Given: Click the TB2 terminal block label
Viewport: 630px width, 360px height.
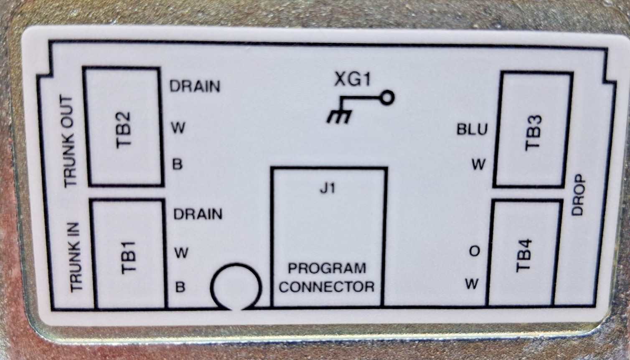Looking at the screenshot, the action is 124,130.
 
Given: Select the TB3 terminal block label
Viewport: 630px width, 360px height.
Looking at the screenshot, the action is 533,133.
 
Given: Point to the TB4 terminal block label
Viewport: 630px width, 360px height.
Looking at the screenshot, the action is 524,255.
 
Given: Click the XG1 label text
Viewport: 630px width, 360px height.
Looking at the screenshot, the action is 353,79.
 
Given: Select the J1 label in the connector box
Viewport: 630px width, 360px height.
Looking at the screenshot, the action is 328,188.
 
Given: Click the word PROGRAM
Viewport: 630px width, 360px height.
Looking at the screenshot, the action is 327,268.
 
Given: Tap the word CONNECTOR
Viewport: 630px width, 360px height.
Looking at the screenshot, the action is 327,287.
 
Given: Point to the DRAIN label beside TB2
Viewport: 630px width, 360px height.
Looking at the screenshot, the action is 195,86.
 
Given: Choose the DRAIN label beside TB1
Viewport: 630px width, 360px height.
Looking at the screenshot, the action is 198,214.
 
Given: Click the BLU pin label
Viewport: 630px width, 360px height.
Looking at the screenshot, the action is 472,129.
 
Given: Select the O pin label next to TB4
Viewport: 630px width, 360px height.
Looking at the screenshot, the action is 475,251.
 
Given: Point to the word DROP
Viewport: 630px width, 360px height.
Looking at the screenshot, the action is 578,195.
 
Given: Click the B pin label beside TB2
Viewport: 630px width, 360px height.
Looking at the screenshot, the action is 177,165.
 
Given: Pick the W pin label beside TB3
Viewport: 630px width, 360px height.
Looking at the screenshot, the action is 478,165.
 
